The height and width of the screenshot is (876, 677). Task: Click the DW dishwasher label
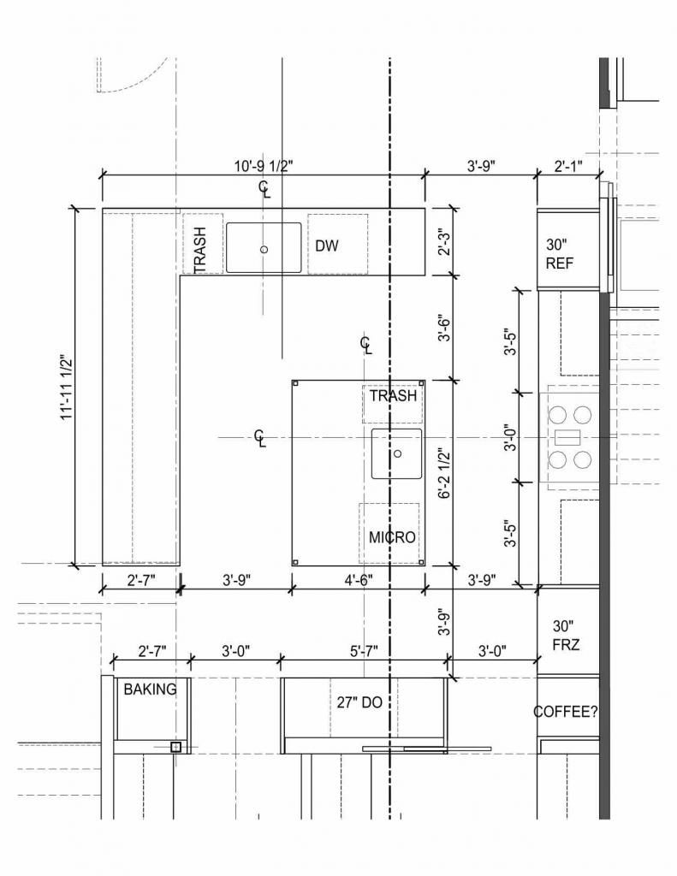click(327, 246)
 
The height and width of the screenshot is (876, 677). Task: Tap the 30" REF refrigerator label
click(560, 253)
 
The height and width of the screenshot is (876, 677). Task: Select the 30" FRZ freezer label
click(566, 636)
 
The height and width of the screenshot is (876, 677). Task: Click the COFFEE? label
click(565, 712)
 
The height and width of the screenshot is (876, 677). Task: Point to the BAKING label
click(150, 690)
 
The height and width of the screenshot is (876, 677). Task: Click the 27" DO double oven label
click(359, 702)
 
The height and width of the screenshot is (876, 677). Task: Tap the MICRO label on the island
click(393, 537)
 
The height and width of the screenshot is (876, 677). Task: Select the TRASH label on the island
click(393, 395)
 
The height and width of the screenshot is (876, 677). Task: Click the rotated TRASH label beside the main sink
click(199, 250)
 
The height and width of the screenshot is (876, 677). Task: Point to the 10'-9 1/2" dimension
click(264, 166)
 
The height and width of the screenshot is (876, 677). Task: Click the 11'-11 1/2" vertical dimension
click(67, 388)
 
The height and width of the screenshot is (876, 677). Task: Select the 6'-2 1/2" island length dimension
click(444, 472)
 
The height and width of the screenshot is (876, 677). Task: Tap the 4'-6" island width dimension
click(359, 580)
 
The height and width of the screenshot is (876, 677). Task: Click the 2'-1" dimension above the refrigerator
click(568, 166)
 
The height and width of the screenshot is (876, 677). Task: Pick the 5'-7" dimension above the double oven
click(364, 651)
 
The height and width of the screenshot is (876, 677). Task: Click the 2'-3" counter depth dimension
click(444, 241)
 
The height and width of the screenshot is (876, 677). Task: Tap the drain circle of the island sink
click(397, 453)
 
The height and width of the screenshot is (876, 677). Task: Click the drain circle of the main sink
click(264, 249)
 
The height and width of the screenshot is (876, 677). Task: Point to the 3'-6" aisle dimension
click(444, 328)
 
